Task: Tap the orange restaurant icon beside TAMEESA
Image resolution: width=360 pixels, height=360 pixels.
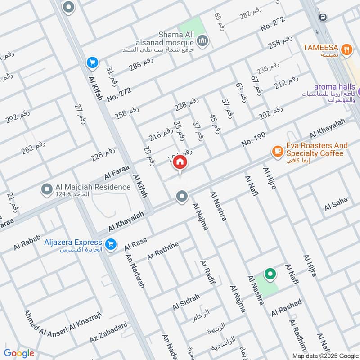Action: click(x=346, y=50)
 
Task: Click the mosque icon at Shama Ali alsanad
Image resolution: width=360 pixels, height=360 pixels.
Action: click(x=203, y=40)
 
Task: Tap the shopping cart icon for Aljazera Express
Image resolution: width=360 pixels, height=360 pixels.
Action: click(x=110, y=245)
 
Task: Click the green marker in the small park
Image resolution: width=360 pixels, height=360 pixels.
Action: click(x=270, y=274)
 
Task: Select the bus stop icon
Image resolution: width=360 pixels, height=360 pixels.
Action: click(x=322, y=17)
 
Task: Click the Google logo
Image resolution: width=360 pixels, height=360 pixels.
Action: click(x=19, y=353)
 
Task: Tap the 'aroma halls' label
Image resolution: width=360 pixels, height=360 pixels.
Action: click(x=334, y=87)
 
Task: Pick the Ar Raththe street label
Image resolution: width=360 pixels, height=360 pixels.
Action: click(x=163, y=251)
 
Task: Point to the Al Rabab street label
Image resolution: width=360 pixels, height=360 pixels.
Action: click(x=27, y=243)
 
